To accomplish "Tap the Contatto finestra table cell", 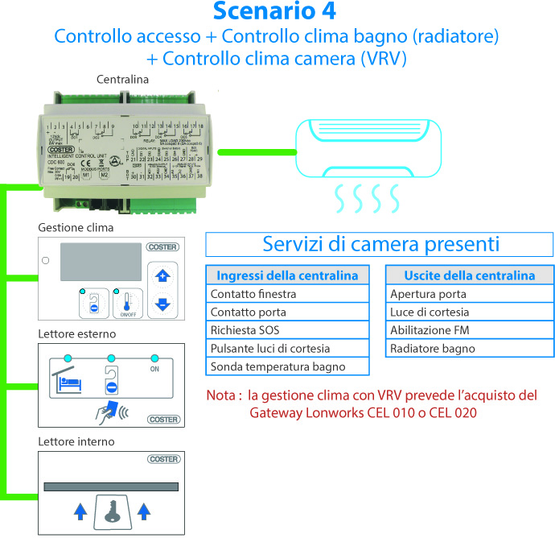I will [287, 294].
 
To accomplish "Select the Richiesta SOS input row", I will [287, 330].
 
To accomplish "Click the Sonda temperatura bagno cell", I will [287, 366].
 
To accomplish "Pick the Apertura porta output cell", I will [469, 294].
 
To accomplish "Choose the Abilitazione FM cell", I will [469, 330].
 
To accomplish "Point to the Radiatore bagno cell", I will [469, 349].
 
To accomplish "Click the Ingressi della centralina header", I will [287, 275].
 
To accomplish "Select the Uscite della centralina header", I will [469, 275].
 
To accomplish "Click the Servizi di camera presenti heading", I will [381, 244].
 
